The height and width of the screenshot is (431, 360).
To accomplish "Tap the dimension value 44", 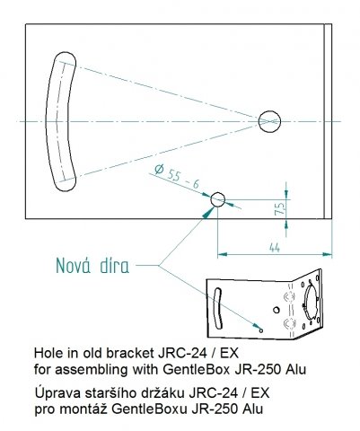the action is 275,248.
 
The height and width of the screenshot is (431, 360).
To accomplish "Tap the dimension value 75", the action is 280,208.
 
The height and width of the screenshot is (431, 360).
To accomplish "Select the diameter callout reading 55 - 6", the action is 177,177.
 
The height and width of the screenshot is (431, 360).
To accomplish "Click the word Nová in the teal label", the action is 73,265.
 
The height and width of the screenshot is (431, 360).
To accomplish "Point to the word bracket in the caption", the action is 130,353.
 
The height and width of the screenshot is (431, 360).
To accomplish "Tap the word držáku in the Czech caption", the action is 160,392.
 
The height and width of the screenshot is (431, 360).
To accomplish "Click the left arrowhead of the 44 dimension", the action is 222,254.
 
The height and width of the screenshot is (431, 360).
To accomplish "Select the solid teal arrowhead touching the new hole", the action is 208,212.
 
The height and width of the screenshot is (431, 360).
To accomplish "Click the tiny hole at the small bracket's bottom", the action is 261,330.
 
